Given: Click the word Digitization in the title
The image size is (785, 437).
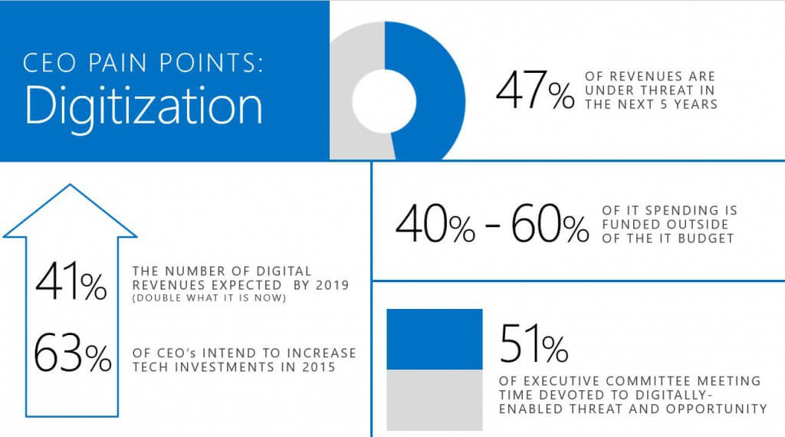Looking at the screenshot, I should pyautogui.click(x=144, y=107).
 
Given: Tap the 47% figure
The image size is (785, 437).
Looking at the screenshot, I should pyautogui.click(x=534, y=91).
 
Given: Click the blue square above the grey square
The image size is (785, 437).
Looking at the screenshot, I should pyautogui.click(x=434, y=340).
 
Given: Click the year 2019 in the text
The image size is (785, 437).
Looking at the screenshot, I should pyautogui.click(x=331, y=285).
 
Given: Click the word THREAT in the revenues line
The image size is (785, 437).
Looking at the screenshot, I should pyautogui.click(x=668, y=90).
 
